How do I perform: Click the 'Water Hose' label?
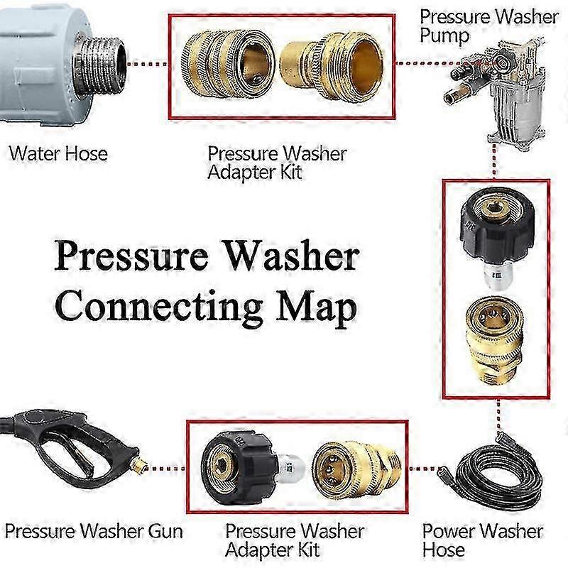pos(58,153)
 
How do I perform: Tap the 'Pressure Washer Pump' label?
pos(489,26)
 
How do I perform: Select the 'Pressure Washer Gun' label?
pos(94,531)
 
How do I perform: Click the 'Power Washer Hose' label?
pos(483,540)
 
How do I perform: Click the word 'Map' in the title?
pos(316,308)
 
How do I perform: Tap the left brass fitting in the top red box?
pos(227,64)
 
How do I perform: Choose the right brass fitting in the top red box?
pos(332,65)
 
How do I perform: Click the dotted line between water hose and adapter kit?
pos(148,64)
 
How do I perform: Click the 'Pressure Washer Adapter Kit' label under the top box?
pos(278,163)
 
